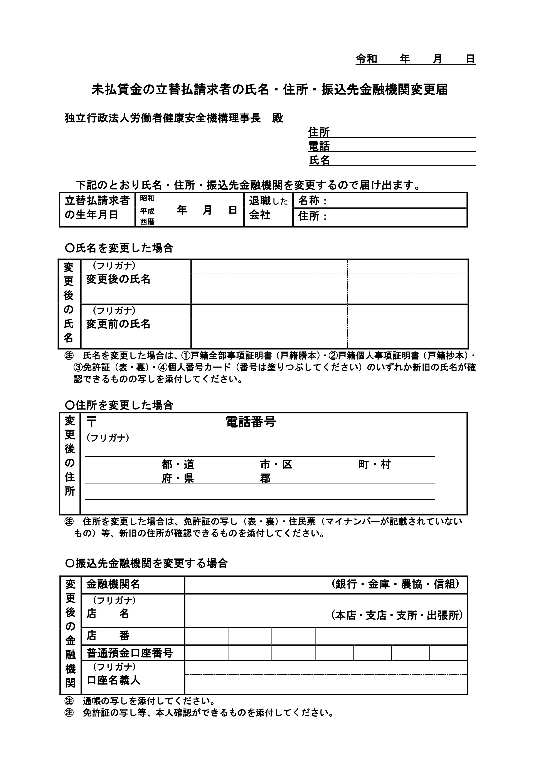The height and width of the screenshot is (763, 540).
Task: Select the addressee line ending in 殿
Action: pos(174,118)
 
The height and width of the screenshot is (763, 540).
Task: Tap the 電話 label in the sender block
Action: pos(319,146)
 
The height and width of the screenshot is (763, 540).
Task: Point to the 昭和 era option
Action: pos(147,198)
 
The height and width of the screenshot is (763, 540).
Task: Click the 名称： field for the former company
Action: pos(379,201)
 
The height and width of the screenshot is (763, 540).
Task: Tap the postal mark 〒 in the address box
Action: pos(91,422)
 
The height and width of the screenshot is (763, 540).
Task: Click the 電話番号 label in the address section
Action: pos(251,422)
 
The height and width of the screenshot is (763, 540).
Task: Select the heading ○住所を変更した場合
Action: pos(119,405)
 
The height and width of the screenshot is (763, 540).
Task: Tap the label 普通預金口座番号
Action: pos(130,653)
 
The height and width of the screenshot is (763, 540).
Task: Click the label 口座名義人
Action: pos(113,680)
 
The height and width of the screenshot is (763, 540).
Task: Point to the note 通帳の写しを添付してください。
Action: pos(148,701)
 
